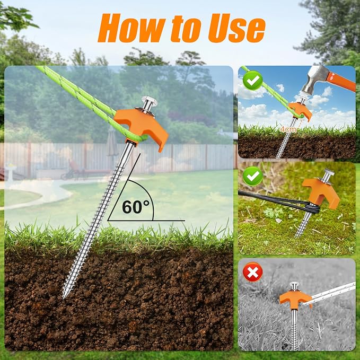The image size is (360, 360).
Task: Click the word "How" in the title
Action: pos(131,28)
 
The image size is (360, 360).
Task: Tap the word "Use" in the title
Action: pos(236,28)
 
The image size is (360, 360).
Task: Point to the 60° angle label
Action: pos(135,207)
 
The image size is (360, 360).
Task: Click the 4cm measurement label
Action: pos(288,129)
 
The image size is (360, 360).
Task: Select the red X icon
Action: pos(252,272)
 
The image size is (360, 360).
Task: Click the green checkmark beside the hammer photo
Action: pos(253,81)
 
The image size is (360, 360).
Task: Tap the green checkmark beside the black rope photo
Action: pos(253,177)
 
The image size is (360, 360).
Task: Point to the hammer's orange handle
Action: pos(341,81)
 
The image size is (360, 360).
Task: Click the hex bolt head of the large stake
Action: pos(149,101)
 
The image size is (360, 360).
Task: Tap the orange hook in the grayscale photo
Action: pos(295,298)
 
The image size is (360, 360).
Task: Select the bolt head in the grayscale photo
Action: pos(294,284)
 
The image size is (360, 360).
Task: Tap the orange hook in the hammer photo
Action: pos(300,110)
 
